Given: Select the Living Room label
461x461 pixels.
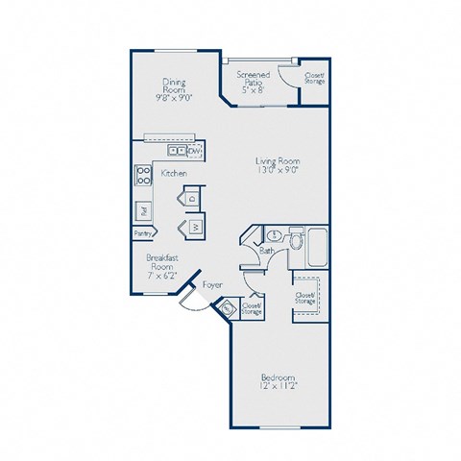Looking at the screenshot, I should click(x=278, y=164).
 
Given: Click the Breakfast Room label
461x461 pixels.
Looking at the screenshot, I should click(x=162, y=263).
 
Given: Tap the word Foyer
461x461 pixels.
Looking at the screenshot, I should click(x=213, y=285).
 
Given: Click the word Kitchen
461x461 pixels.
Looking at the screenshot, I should click(x=174, y=173).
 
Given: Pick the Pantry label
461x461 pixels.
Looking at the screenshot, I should click(x=143, y=232).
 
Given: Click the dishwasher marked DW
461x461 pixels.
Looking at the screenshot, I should click(x=195, y=150).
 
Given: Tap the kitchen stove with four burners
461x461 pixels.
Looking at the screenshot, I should click(x=143, y=176).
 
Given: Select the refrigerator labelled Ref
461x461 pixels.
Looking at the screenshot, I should click(x=142, y=209).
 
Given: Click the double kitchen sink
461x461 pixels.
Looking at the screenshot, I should click(x=177, y=150).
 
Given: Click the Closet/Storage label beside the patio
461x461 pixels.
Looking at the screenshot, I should click(x=314, y=78).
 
